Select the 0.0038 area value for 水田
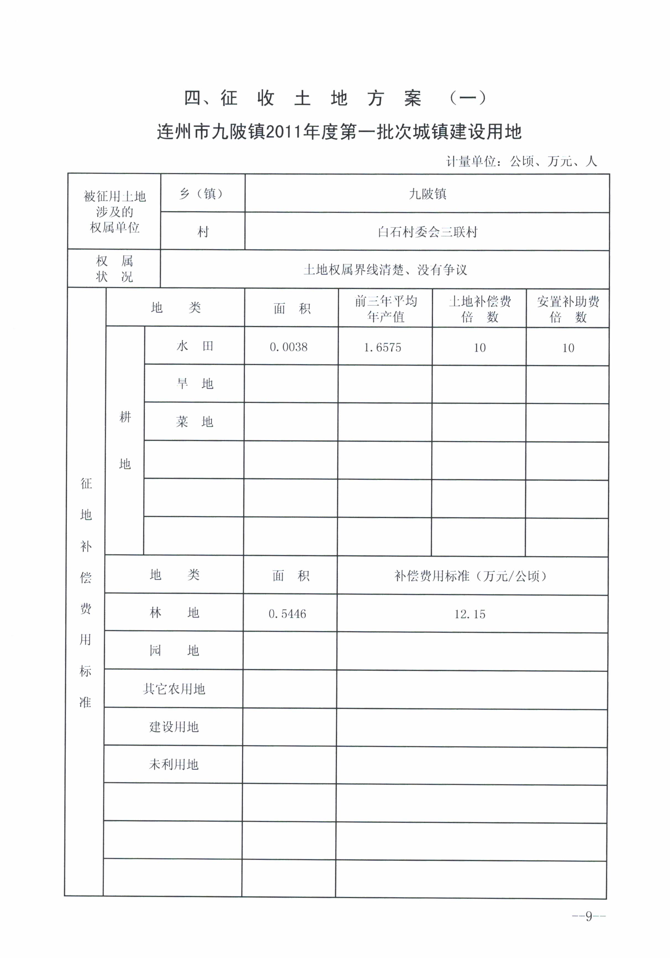click(288, 347)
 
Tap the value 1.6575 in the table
click(382, 347)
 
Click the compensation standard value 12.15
click(470, 614)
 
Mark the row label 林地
click(174, 612)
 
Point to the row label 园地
click(174, 650)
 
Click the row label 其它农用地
click(174, 689)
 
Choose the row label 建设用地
click(174, 727)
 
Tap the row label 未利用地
click(174, 764)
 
